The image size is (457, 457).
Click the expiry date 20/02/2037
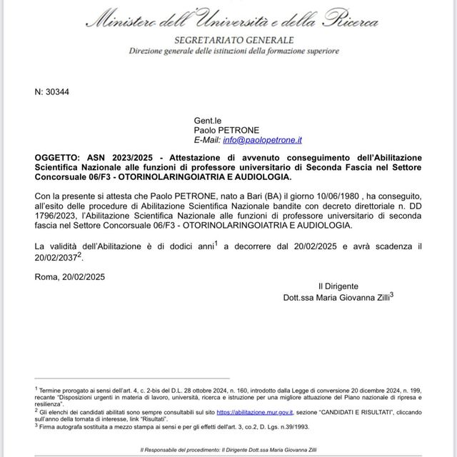[58, 256]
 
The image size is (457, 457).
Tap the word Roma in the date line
[46, 277]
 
